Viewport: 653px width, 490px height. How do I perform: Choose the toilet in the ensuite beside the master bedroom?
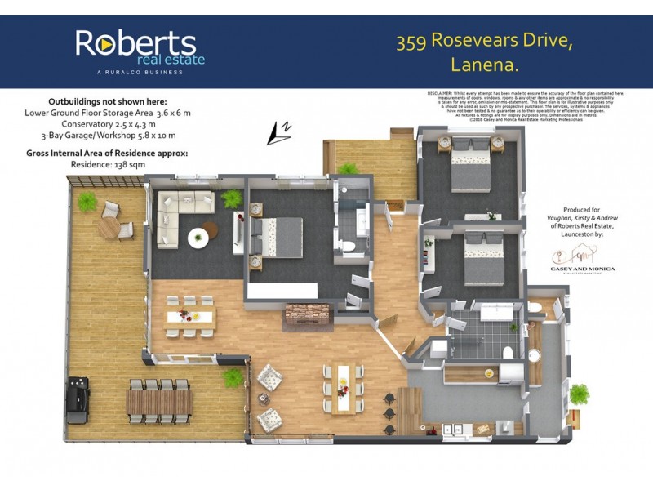coord(347,247)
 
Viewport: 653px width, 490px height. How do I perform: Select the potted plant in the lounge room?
coord(232,198)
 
